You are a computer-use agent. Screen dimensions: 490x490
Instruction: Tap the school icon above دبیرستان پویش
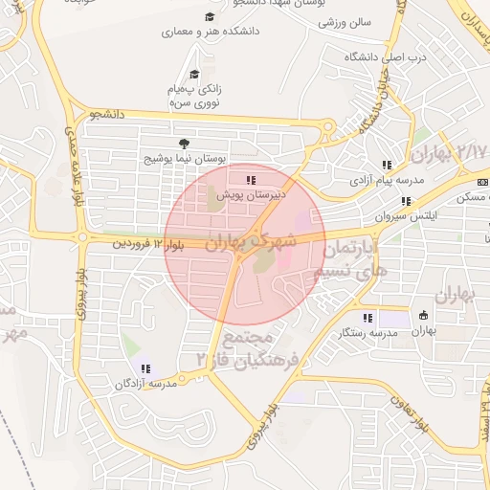251,179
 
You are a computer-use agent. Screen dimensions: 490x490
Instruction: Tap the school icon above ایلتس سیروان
406,202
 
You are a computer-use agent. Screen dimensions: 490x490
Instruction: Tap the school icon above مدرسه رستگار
367,318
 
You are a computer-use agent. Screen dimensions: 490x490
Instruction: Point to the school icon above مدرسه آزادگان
145,368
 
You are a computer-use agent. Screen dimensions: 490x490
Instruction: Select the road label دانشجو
109,115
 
